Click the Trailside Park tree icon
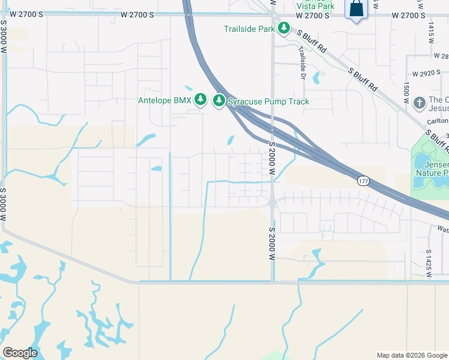(283, 28)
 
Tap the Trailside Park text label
(249, 29)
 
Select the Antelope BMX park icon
(200, 100)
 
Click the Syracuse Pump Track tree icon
(219, 101)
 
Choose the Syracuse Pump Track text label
(268, 101)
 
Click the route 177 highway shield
(363, 181)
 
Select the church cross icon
(419, 103)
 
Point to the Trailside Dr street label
(302, 64)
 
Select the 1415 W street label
(431, 31)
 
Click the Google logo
(20, 352)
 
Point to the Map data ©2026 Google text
(412, 355)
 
